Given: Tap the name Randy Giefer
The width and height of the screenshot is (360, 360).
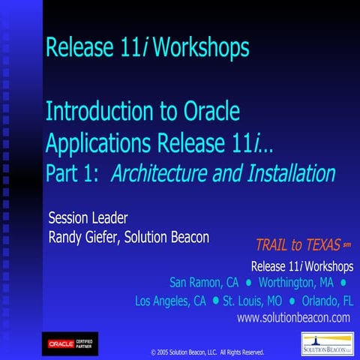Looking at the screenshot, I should coord(88,238).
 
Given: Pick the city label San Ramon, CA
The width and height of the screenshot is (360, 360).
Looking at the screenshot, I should coord(202,283).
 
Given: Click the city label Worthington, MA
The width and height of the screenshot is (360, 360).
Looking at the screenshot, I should coord(295,283).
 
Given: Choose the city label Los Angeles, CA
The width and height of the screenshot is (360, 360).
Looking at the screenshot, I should coord(170,301).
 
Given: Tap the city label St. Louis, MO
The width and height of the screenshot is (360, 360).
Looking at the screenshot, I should coord(251,301).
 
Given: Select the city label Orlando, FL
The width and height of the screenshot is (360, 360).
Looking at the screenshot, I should coord(327,301).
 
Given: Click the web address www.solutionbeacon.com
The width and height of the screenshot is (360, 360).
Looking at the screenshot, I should coord(294,318).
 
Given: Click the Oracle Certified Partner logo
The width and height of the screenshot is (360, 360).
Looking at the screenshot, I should coord(69,343).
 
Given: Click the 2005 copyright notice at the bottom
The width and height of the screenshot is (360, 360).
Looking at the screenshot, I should coord(207,350).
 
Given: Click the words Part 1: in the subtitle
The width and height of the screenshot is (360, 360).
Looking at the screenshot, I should coord(73,173).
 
